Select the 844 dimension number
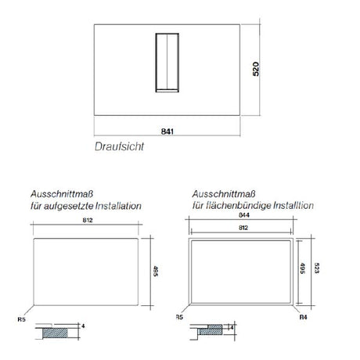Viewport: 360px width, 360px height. (x=244, y=215)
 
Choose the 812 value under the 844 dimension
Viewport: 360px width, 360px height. (x=244, y=227)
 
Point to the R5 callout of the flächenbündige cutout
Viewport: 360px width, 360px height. (x=179, y=319)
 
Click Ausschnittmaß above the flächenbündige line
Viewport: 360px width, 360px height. (x=212, y=193)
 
